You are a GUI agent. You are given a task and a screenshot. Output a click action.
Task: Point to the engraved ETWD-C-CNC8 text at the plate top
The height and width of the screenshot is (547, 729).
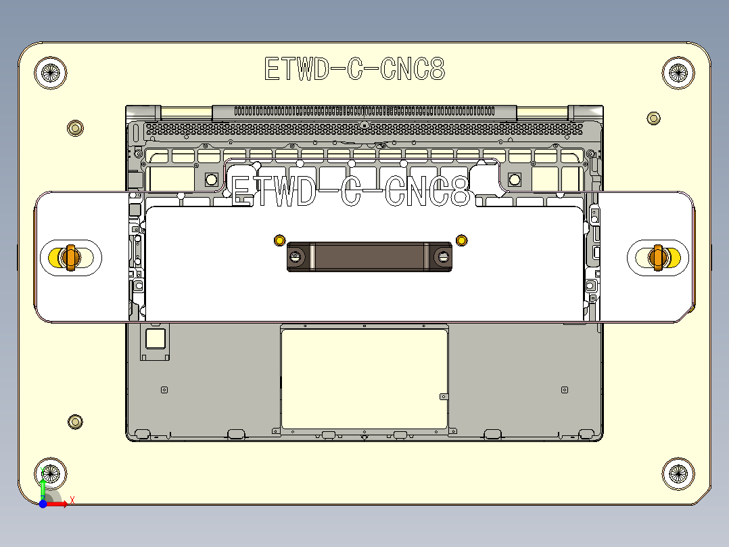354,69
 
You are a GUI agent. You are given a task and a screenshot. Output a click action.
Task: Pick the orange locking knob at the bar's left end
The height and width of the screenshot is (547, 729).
69,257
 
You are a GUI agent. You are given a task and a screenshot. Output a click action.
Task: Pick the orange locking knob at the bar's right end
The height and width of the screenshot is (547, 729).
657,257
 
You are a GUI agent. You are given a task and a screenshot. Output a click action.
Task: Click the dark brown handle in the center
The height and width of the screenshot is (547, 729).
370,257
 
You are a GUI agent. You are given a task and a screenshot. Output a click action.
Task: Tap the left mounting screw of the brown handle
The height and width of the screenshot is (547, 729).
296,256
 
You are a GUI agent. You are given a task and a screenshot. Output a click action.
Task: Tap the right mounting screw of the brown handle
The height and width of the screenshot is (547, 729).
444,256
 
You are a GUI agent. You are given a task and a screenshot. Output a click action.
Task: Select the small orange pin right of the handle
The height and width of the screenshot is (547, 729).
462,240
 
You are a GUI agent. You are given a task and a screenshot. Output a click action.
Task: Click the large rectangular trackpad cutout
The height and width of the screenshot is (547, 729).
364,379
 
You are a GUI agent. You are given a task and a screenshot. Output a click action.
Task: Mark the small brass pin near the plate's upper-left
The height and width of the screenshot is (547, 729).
75,127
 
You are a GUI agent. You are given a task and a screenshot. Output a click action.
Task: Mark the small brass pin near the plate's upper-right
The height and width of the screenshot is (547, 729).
653,118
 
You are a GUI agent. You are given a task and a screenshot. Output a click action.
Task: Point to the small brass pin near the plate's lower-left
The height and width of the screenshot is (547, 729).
75,422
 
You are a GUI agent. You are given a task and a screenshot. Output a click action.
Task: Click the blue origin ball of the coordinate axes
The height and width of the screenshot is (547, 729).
43,504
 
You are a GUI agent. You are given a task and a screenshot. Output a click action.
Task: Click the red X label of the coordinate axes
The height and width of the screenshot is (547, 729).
72,500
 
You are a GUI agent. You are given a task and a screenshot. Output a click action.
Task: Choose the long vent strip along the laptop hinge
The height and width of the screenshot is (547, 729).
364,111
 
